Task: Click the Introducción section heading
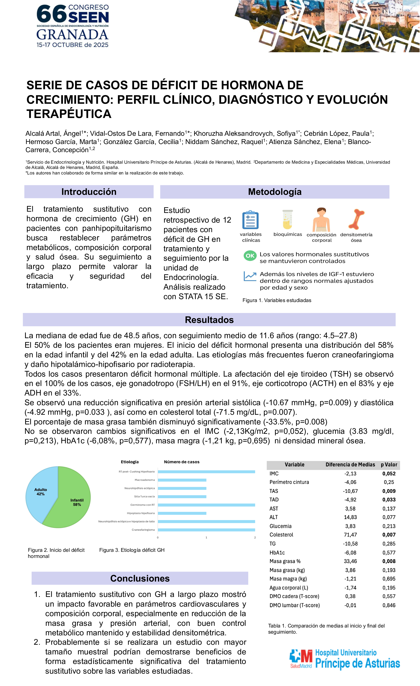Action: tap(89, 192)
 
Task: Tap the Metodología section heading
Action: tap(275, 192)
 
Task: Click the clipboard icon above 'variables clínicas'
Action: tap(250, 220)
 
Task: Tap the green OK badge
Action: tap(250, 256)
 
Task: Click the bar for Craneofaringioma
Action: tap(206, 530)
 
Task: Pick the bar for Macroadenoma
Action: tap(182, 480)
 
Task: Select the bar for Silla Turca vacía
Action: tap(182, 497)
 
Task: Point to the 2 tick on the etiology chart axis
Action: tap(255, 538)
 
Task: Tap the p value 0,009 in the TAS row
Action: tap(389, 491)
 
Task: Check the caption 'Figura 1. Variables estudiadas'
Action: tap(277, 300)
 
